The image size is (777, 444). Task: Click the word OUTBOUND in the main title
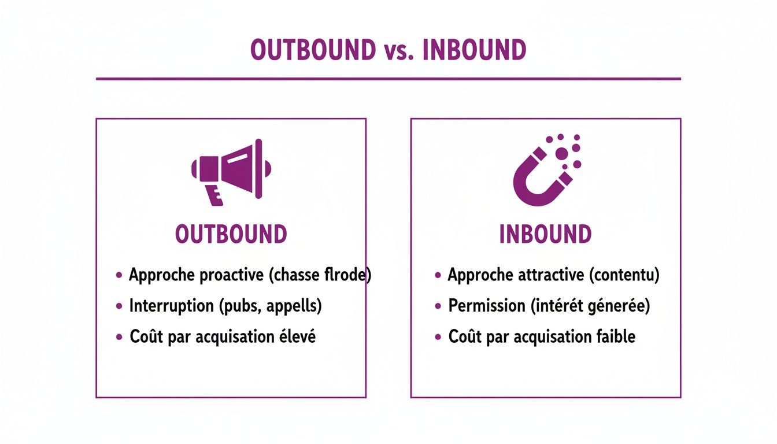313,51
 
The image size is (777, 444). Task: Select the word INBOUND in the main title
474,51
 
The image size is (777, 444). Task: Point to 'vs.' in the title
399,52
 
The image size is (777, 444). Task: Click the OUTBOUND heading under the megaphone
231,235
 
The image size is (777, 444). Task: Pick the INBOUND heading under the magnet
545,235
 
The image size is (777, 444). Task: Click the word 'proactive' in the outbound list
232,275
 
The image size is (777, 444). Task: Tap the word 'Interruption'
172,306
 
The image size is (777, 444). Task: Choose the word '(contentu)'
624,275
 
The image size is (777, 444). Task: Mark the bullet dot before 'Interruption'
119,306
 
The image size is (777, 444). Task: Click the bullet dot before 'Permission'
438,306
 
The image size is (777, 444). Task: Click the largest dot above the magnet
561,153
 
